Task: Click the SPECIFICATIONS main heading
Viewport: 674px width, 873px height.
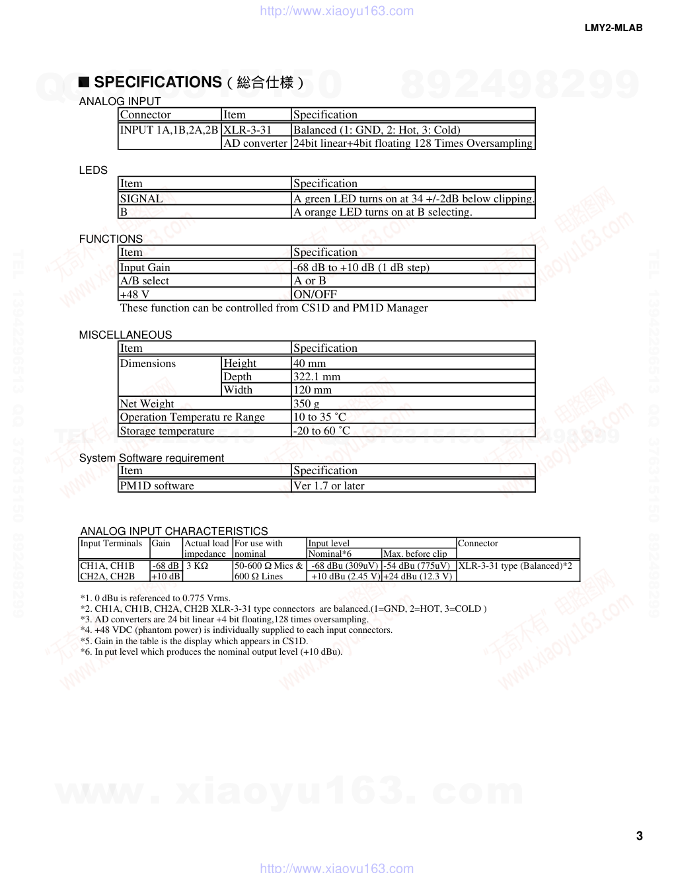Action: tap(157, 82)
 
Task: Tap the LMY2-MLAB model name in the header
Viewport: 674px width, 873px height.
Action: tap(613, 28)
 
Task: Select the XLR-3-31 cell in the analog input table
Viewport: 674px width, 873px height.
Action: tap(248, 130)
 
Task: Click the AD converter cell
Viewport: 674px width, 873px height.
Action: tap(255, 143)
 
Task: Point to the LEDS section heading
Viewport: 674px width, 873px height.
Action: tap(93, 170)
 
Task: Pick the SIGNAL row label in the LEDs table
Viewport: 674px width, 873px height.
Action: tap(141, 198)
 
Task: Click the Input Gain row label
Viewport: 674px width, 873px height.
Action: tap(145, 267)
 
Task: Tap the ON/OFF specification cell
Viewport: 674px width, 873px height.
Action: tap(315, 294)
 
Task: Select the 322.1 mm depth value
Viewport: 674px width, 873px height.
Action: tap(317, 376)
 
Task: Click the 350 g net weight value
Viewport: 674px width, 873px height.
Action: tap(307, 403)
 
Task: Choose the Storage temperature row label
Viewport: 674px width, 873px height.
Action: tap(167, 431)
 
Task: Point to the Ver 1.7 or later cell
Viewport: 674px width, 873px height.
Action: tap(329, 485)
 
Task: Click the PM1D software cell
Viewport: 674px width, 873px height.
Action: tap(157, 485)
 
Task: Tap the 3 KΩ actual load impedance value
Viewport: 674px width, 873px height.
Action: tap(197, 566)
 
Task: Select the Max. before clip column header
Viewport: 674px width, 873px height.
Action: tap(415, 554)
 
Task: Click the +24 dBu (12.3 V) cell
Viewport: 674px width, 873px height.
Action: tap(418, 576)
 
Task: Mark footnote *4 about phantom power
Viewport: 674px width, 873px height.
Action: tap(237, 630)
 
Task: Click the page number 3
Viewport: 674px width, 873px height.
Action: tap(639, 836)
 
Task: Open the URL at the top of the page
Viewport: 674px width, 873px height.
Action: tap(337, 11)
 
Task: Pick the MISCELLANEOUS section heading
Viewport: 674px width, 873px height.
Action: tap(126, 335)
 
